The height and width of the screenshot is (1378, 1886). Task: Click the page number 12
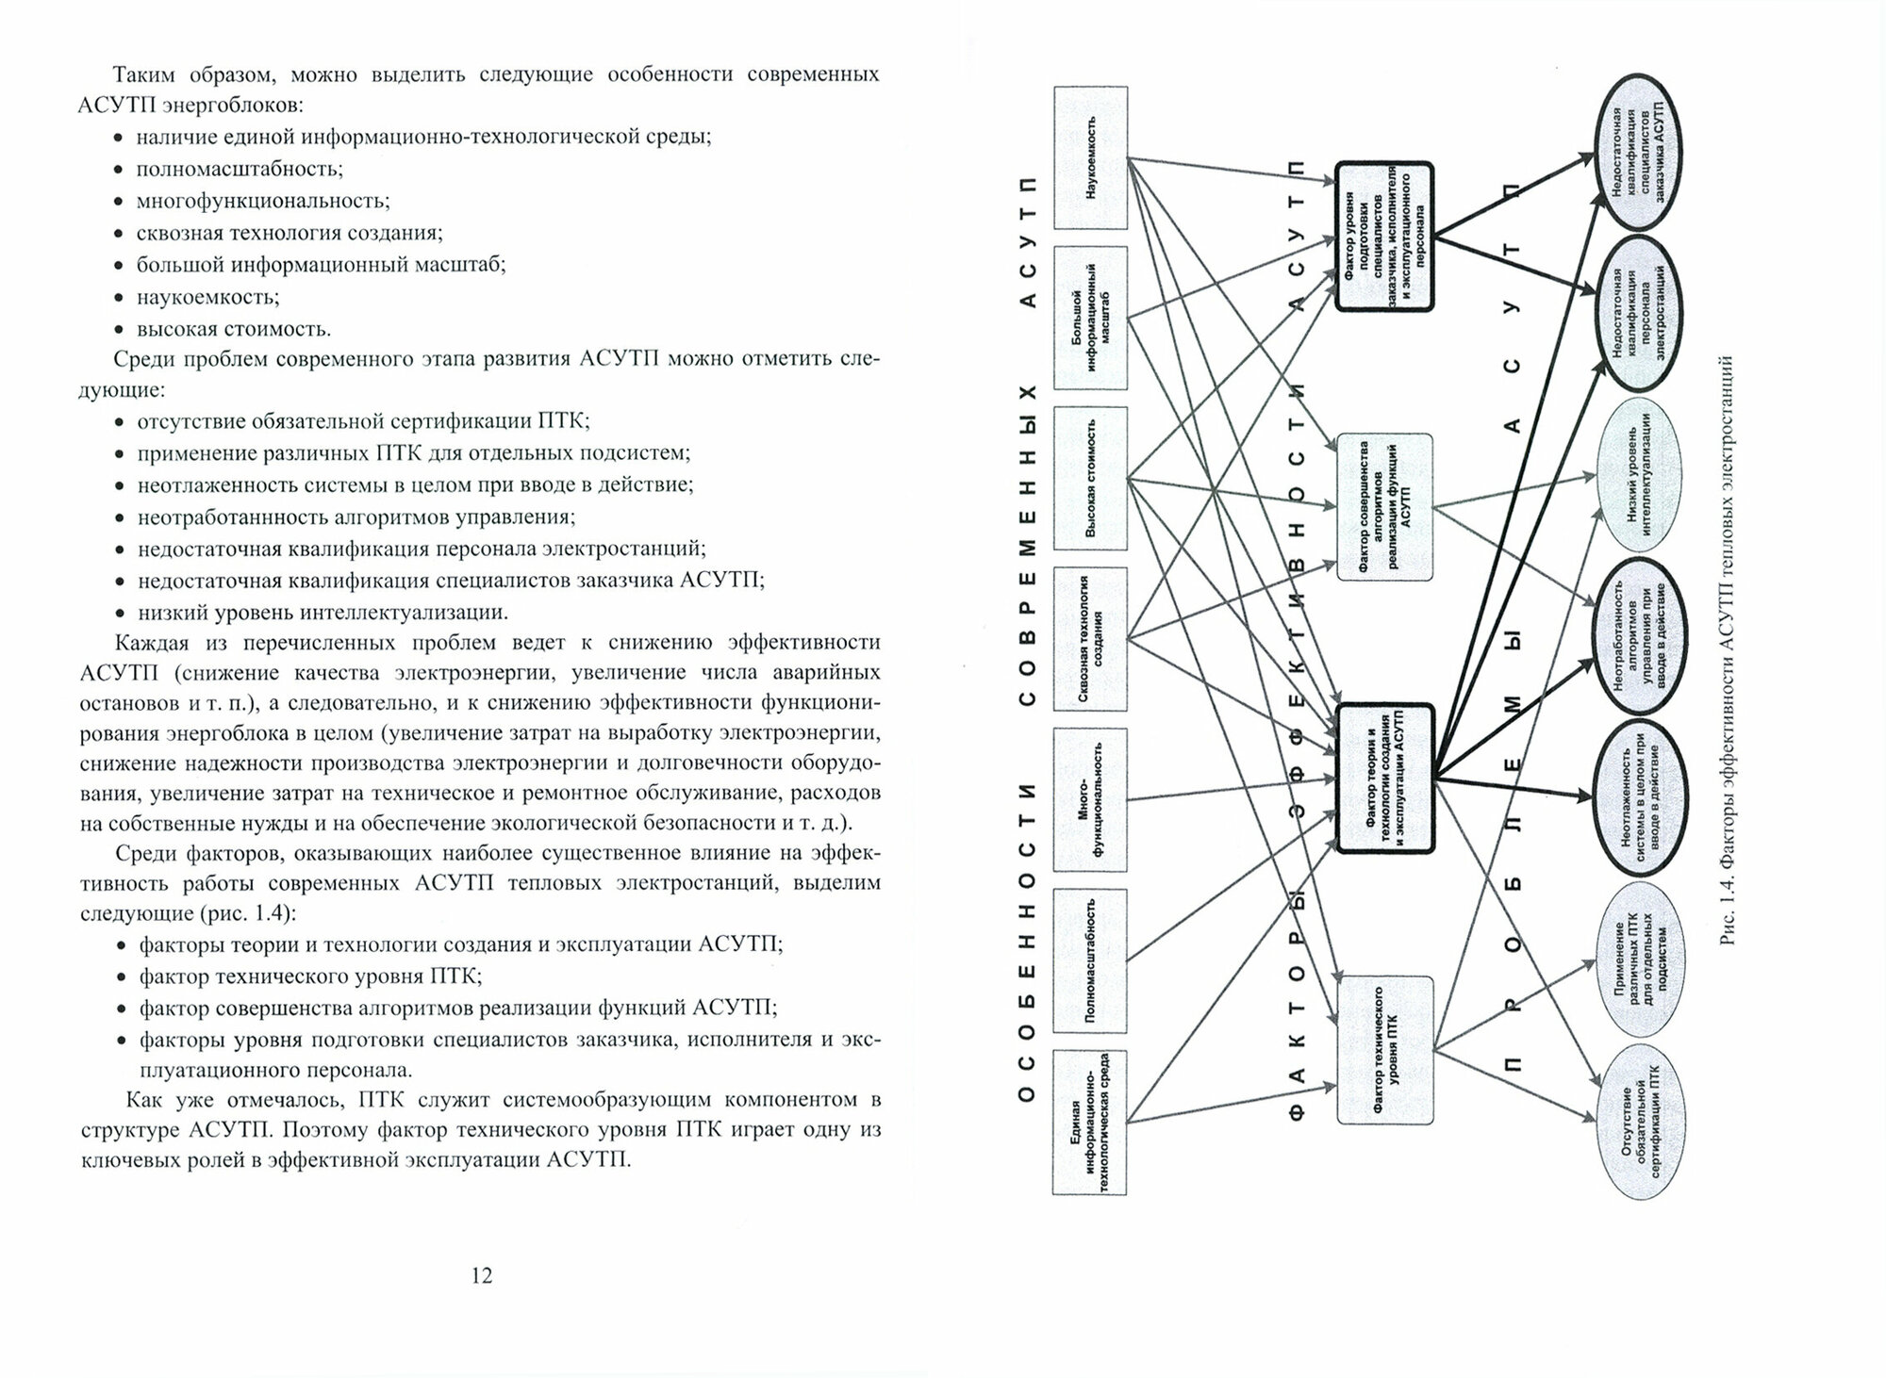click(481, 1276)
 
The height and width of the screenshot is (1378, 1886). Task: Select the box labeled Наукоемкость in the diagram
click(1090, 157)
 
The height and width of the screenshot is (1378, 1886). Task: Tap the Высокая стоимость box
click(1090, 478)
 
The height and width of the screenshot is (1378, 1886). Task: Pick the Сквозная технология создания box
click(1090, 638)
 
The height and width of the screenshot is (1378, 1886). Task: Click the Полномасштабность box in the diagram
click(1090, 960)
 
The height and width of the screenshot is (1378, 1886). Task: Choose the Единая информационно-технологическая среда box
click(1090, 1122)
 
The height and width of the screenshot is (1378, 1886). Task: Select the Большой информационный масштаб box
click(1090, 318)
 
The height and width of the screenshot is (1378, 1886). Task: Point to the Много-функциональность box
click(1090, 799)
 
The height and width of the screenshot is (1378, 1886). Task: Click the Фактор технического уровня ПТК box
click(1384, 1051)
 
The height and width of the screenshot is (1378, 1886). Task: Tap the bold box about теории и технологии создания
click(1384, 779)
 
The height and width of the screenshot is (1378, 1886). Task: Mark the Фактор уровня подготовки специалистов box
click(1384, 237)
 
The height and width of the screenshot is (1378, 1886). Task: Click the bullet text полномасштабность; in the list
click(240, 169)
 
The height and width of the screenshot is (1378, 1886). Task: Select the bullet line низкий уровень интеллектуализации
click(323, 612)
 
